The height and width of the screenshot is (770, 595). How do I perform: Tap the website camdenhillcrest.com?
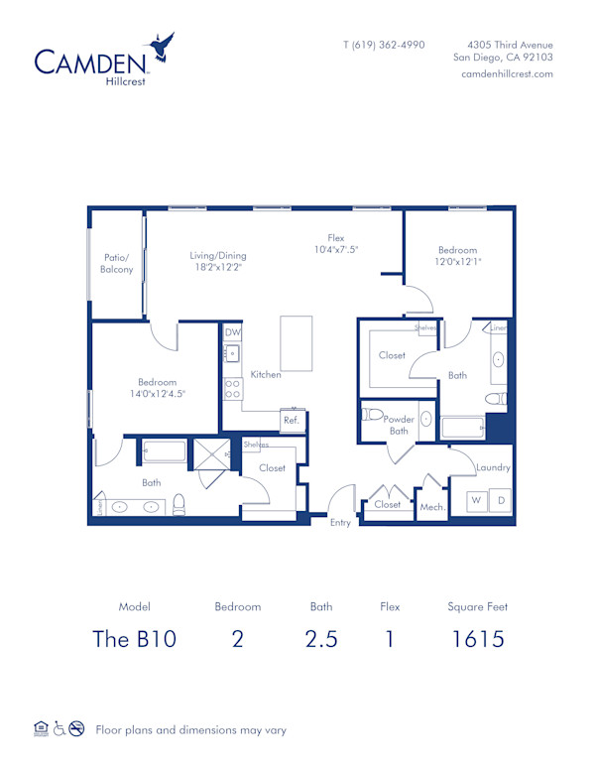pyautogui.click(x=507, y=74)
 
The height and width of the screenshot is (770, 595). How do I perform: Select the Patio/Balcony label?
pyautogui.click(x=118, y=263)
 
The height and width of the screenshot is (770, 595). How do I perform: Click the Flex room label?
pyautogui.click(x=336, y=237)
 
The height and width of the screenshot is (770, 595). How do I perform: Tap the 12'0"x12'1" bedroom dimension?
pyautogui.click(x=457, y=262)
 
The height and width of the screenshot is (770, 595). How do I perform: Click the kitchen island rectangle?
pyautogui.click(x=296, y=343)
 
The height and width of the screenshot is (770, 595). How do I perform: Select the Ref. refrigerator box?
pyautogui.click(x=292, y=420)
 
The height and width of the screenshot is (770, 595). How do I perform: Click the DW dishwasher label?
pyautogui.click(x=232, y=332)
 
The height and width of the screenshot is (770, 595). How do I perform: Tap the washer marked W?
pyautogui.click(x=476, y=501)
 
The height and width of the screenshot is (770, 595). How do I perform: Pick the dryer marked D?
pyautogui.click(x=501, y=501)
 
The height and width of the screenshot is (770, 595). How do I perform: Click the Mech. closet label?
pyautogui.click(x=432, y=507)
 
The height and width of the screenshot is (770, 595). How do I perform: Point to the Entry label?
pyautogui.click(x=340, y=523)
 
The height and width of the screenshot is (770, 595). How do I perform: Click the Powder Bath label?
pyautogui.click(x=399, y=425)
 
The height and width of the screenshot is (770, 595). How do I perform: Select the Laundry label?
pyautogui.click(x=493, y=467)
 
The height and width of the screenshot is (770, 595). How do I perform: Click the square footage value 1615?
pyautogui.click(x=477, y=638)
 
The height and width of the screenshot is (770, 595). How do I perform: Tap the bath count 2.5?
pyautogui.click(x=320, y=638)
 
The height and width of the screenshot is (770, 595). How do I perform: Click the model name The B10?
pyautogui.click(x=134, y=638)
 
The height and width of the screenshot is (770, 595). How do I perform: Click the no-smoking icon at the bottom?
pyautogui.click(x=76, y=729)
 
